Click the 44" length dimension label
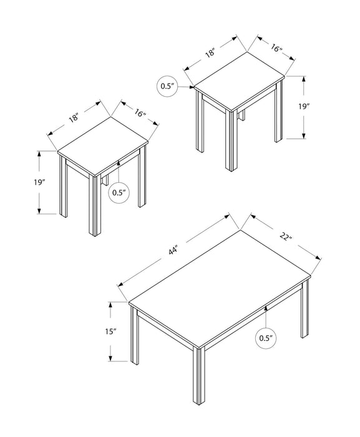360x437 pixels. pos(173,251)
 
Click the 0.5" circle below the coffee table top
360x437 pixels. pos(266,339)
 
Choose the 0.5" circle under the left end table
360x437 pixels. pos(119,192)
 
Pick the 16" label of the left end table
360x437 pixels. pos(139,113)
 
